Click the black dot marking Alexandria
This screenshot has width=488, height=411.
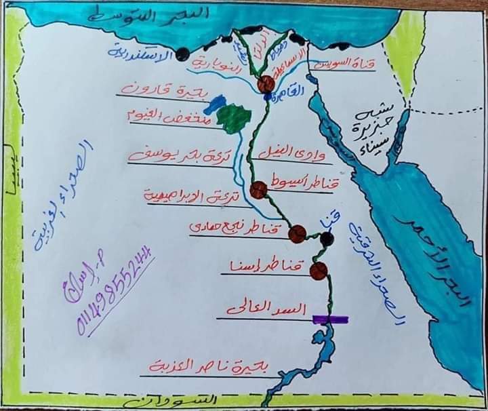[182, 55]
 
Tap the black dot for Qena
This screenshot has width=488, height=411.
[327, 239]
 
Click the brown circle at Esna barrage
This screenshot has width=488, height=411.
[318, 272]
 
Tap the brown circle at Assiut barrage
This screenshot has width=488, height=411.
[258, 190]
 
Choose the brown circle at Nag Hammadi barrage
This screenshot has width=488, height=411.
[297, 234]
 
